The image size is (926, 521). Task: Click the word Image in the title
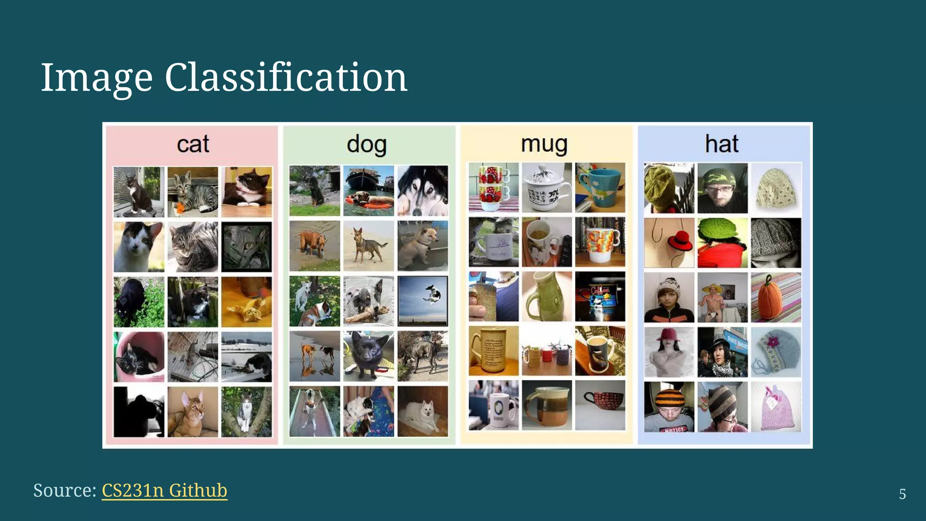tap(96, 78)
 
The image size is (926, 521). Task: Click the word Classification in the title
tap(286, 78)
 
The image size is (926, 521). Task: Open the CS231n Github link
tap(164, 490)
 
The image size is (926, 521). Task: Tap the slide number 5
tap(902, 494)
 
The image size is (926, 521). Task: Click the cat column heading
tap(193, 144)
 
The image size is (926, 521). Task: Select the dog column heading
tap(367, 144)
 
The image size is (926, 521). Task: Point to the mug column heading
tap(544, 144)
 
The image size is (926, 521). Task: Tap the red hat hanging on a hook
tap(669, 243)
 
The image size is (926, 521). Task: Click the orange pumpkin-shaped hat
tap(776, 297)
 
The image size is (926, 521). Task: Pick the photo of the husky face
tap(423, 190)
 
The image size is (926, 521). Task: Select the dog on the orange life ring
tap(369, 190)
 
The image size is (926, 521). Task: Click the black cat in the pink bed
tap(139, 357)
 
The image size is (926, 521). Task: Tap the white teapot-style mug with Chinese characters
tap(547, 188)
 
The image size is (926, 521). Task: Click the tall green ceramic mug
tap(547, 297)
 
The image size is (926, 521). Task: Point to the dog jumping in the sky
tap(423, 301)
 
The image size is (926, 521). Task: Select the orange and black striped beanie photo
tap(669, 407)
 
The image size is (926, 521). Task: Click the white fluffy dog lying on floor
tap(423, 412)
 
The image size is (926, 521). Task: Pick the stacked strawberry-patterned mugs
tap(493, 188)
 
